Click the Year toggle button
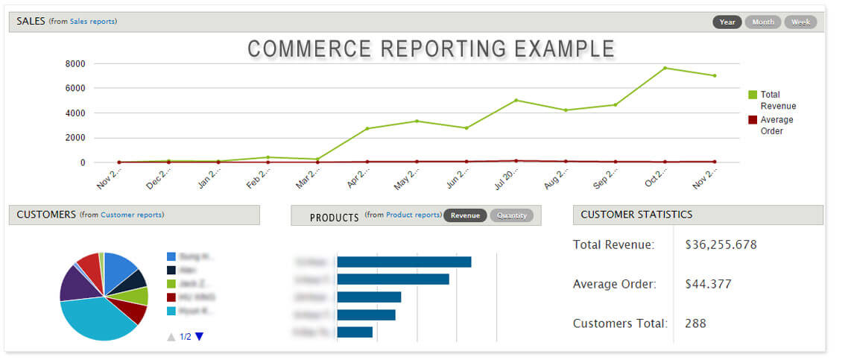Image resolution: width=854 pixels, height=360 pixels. click(x=727, y=22)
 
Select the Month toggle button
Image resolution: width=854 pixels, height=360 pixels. click(x=763, y=22)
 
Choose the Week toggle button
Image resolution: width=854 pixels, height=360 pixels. click(x=800, y=22)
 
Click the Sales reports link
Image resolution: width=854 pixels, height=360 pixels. click(x=93, y=22)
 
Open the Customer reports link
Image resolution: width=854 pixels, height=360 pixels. click(x=132, y=215)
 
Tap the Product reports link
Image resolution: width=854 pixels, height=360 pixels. click(x=414, y=215)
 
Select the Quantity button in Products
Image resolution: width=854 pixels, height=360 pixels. click(x=511, y=215)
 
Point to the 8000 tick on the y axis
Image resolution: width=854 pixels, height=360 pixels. click(x=75, y=63)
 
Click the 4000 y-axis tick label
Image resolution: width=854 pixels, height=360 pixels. click(x=75, y=113)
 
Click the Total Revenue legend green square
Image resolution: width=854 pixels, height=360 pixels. click(x=753, y=95)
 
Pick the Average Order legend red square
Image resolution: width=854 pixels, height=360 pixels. click(x=753, y=120)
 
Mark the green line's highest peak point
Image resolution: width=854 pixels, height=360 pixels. click(x=665, y=68)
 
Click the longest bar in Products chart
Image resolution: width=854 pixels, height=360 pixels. click(x=404, y=262)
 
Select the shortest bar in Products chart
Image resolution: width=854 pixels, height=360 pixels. click(x=355, y=332)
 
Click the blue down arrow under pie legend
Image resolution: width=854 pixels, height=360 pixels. click(x=199, y=337)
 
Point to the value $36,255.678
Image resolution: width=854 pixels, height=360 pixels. click(x=721, y=244)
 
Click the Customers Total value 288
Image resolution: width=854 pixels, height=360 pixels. click(x=695, y=323)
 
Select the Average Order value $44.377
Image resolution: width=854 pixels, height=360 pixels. click(x=708, y=284)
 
